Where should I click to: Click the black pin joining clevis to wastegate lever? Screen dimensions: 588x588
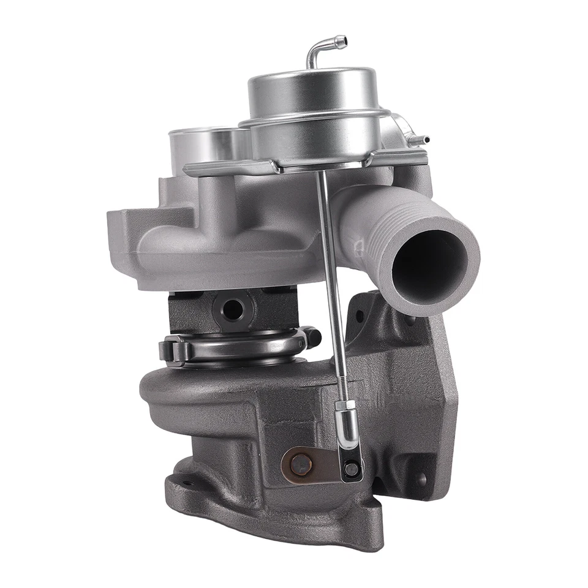point(351,469)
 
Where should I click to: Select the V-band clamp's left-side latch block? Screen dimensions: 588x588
point(171,351)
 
